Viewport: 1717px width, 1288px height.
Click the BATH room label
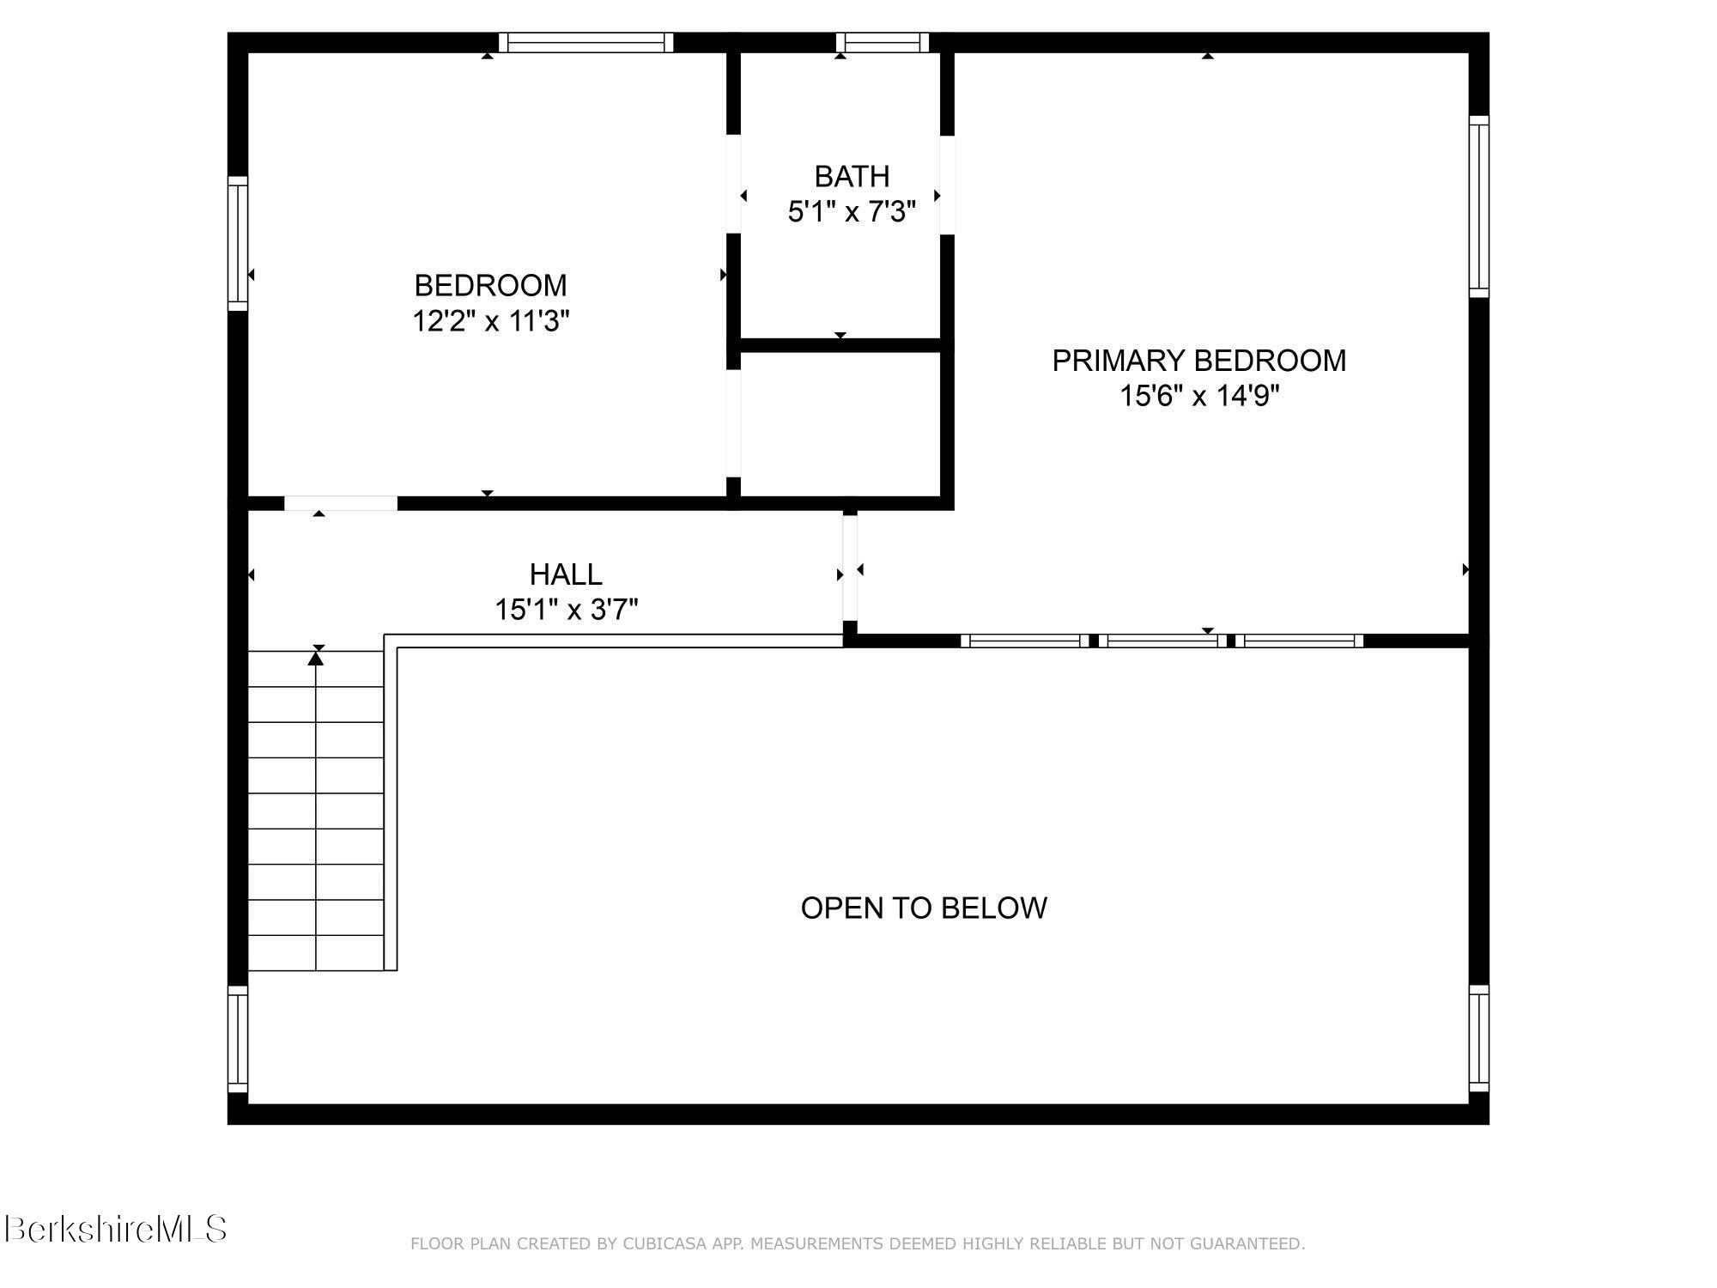[851, 177]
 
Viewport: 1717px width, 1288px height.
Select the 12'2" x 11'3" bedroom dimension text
[490, 322]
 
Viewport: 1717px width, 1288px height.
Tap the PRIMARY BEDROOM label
[1198, 361]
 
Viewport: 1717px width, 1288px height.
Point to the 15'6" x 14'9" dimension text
[1198, 397]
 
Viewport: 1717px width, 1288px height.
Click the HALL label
[565, 574]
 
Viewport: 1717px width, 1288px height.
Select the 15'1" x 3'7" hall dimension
[566, 611]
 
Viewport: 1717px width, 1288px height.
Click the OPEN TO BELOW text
[923, 908]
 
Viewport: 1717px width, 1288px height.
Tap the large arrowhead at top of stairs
[316, 659]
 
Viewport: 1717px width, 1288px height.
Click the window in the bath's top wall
[882, 43]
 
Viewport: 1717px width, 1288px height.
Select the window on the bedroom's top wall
[585, 43]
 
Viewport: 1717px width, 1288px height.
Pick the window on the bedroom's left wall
[238, 243]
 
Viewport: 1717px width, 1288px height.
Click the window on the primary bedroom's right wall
[1478, 206]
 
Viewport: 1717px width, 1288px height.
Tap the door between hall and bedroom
[340, 503]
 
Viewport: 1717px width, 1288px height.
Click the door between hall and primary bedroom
[849, 568]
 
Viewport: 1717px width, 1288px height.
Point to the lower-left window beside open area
[238, 1039]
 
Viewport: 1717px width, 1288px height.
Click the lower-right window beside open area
[1478, 1039]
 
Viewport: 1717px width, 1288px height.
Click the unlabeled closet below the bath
[840, 423]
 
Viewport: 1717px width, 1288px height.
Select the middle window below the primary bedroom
[1162, 641]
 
